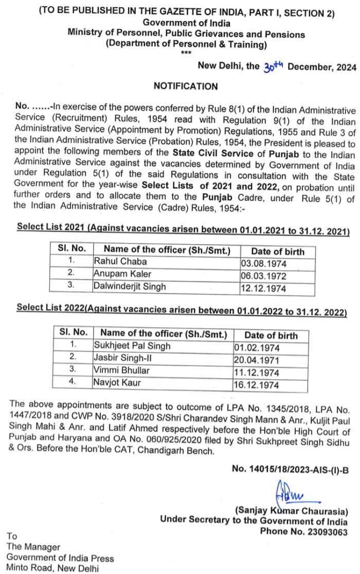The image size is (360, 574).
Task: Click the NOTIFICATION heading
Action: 186,86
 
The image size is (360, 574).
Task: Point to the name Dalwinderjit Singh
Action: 130,286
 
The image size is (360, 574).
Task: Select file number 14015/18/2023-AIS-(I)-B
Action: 290,470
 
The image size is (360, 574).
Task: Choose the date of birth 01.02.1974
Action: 258,348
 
